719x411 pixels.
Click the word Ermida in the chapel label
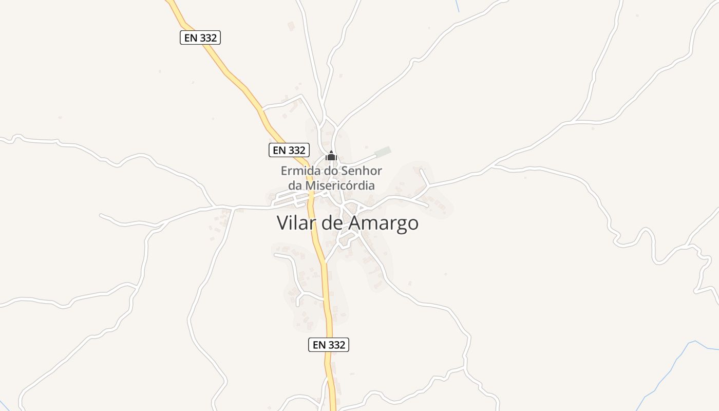297,171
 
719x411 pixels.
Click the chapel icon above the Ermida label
331,156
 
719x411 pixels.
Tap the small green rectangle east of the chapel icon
383,152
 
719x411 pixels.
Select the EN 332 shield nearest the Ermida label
289,150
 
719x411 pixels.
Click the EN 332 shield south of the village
329,345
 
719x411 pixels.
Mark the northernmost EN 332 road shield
200,38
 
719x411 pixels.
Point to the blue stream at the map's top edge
457,5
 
